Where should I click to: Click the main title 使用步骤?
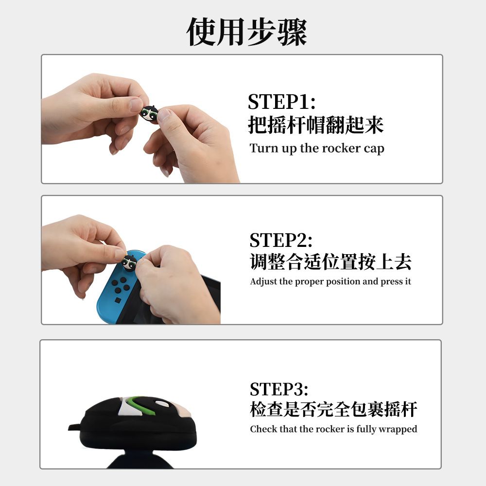point(247,32)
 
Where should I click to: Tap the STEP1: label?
point(281,102)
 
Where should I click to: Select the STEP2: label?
point(281,240)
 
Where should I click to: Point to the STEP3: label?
point(279,389)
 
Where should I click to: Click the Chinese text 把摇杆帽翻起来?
point(315,125)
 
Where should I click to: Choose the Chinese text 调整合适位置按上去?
point(330,262)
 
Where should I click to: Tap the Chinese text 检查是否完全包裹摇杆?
point(333,409)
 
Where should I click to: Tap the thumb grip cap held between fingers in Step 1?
point(149,113)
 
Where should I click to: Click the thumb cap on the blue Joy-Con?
point(129,262)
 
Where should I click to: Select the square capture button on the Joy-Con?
point(118,300)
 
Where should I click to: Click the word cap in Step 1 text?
point(374,149)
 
